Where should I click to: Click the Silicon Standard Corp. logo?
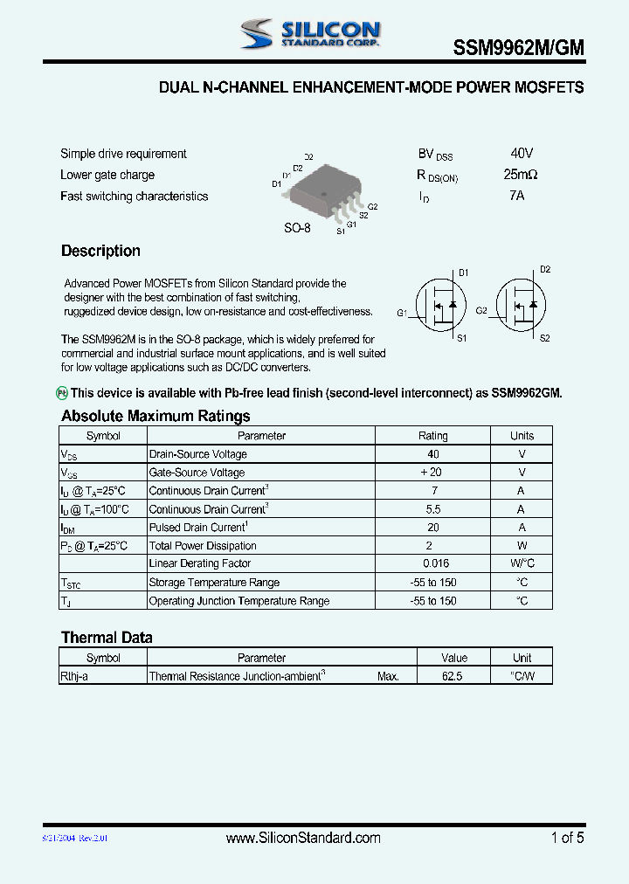click(x=310, y=34)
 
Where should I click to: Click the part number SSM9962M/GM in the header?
click(x=518, y=50)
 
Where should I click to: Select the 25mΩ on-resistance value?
click(x=521, y=175)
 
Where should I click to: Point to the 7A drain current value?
click(x=516, y=196)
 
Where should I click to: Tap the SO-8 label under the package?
click(x=297, y=228)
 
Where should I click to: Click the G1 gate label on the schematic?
click(x=402, y=312)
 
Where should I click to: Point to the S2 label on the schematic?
click(x=544, y=337)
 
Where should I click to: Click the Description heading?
click(x=100, y=251)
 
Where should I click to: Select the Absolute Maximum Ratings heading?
click(x=156, y=416)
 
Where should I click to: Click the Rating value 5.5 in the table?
click(x=433, y=509)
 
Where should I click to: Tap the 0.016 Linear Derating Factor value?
click(x=433, y=564)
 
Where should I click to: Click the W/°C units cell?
click(x=522, y=564)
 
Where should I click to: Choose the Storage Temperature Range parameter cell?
click(x=215, y=583)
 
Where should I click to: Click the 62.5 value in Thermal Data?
click(x=453, y=676)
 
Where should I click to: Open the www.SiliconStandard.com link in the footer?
click(x=303, y=838)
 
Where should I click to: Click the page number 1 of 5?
click(x=567, y=838)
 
